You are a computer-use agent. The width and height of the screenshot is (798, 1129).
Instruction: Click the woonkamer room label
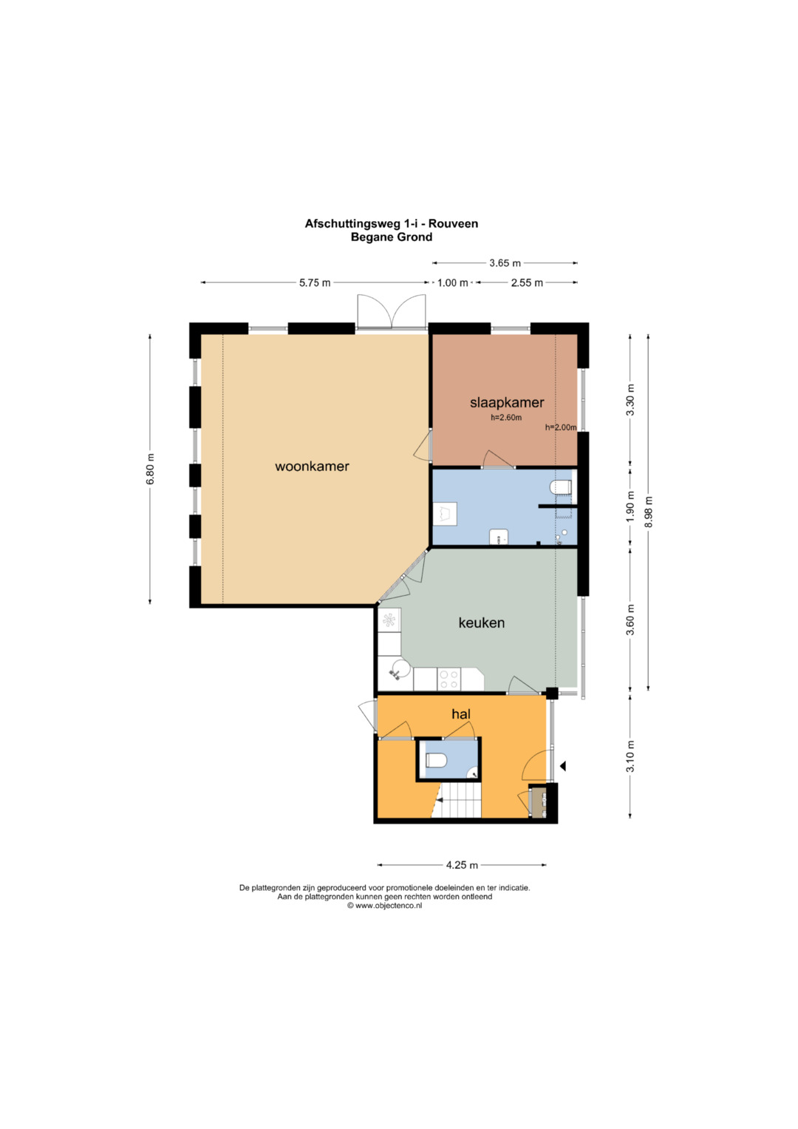[312, 467]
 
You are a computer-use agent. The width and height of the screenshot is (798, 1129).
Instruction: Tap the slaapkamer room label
[507, 403]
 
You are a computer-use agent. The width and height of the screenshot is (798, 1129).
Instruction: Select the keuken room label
[481, 623]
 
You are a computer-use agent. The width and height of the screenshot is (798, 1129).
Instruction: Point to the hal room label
[461, 713]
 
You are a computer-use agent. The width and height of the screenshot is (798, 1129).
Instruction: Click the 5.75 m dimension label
[315, 282]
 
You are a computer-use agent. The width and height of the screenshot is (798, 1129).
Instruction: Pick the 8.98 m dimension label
[649, 512]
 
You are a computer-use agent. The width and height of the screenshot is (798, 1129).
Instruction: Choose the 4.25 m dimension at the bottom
[462, 865]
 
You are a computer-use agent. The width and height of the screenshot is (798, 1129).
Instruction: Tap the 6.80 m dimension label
[150, 469]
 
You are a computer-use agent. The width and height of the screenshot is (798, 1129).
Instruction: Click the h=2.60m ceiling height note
[506, 417]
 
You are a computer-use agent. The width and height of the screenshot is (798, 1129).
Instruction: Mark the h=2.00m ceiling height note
[561, 427]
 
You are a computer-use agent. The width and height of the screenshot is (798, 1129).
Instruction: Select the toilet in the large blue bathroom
[561, 487]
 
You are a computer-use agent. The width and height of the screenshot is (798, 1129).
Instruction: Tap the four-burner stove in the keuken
[448, 679]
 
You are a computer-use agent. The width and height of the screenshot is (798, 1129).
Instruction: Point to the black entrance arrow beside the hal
[563, 766]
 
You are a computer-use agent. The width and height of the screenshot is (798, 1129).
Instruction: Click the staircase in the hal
[457, 801]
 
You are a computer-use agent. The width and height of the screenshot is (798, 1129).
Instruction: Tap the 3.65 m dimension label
[505, 262]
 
